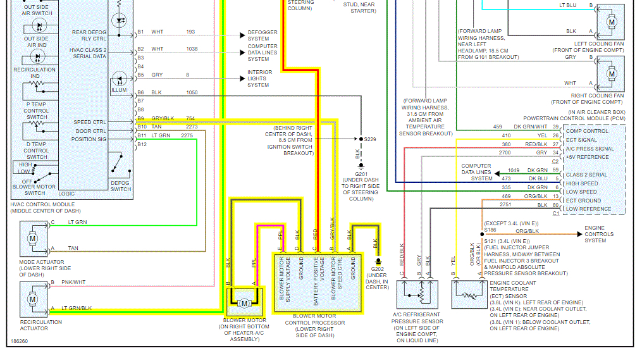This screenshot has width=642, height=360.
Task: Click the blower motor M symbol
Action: (x=244, y=304)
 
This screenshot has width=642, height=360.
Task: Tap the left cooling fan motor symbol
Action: (x=611, y=22)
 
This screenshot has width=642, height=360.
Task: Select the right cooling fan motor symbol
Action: (x=611, y=73)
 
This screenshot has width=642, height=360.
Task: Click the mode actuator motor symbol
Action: (x=32, y=240)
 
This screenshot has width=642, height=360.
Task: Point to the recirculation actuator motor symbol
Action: (x=32, y=298)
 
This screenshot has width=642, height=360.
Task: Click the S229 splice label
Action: (x=369, y=139)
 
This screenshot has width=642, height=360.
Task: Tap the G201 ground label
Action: (x=361, y=173)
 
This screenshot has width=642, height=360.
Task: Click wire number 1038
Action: (x=192, y=49)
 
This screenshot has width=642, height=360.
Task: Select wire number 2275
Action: (x=187, y=135)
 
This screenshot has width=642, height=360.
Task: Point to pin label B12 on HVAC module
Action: (x=141, y=144)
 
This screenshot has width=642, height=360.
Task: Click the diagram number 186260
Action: (x=19, y=341)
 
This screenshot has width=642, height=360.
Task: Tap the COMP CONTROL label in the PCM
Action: (x=586, y=131)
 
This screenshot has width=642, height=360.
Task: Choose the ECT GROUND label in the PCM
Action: (x=583, y=200)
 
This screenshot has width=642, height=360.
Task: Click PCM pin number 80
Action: (x=555, y=205)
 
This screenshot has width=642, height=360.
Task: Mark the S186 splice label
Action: (x=490, y=230)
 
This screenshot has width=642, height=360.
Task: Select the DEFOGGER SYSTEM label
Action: (x=262, y=35)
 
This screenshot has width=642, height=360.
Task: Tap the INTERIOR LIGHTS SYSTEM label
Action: (x=260, y=78)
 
